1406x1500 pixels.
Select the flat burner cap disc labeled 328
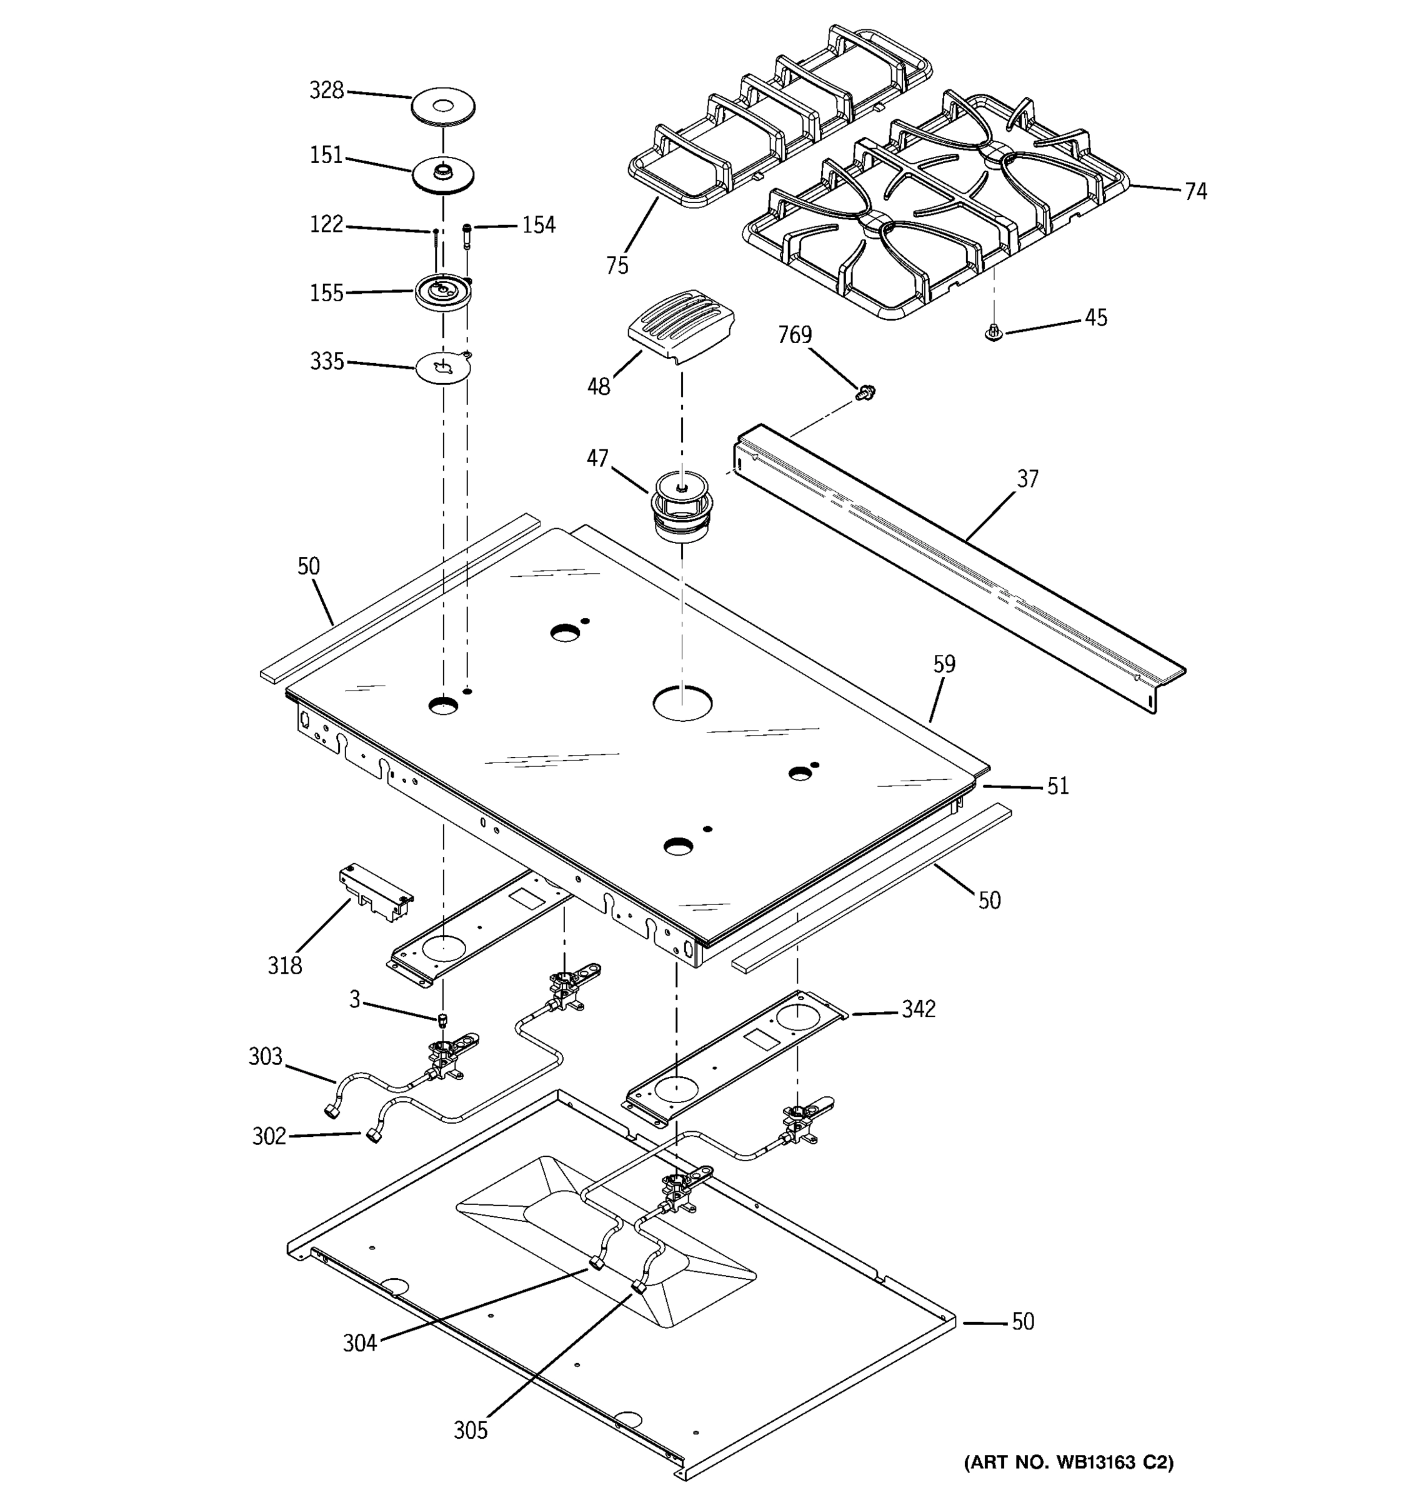[444, 106]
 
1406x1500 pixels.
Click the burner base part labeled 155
[443, 291]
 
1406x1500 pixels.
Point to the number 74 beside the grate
[1195, 192]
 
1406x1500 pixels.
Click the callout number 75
[616, 266]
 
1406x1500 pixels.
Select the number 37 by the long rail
[1027, 478]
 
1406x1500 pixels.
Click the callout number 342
[918, 1009]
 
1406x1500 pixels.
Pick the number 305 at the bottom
[470, 1430]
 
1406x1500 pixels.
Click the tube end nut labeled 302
[372, 1136]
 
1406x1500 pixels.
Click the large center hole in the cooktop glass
[682, 702]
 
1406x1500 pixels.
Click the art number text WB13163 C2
[1068, 1462]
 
